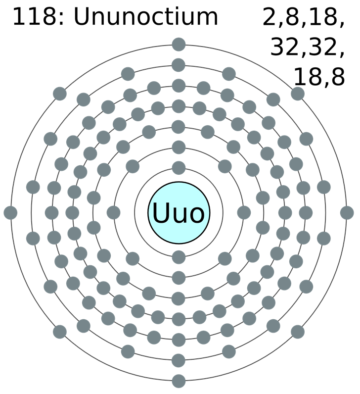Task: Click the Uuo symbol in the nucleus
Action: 179,212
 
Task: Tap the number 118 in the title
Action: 35,17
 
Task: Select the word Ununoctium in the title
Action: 145,17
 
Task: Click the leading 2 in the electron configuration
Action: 270,17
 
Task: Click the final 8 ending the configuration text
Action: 338,77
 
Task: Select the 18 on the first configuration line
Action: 323,17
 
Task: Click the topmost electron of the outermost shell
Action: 179,45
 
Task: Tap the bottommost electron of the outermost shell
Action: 179,381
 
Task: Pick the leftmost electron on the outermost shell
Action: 10,212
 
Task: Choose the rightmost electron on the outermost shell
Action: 347,212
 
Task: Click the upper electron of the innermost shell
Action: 179,168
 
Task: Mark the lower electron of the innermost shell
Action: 179,257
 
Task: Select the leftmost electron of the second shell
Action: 113,212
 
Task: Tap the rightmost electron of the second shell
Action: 244,212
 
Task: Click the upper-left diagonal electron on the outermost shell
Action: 60,94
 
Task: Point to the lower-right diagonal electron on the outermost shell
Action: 298,332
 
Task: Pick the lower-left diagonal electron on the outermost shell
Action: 60,332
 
